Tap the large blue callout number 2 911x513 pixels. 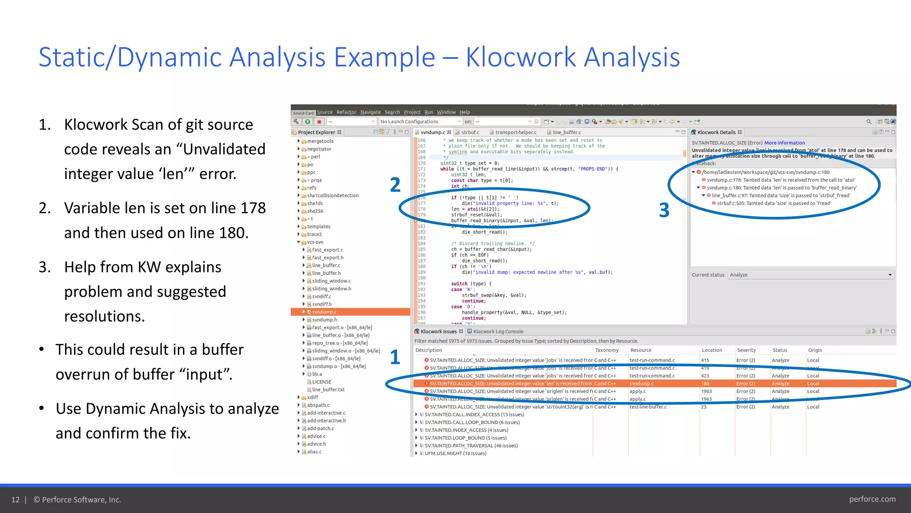tap(395, 185)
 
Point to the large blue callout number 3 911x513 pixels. tap(664, 210)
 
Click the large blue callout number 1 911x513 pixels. tap(395, 357)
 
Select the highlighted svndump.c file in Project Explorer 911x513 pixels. tap(324, 312)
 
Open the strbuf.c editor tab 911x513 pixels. tap(470, 132)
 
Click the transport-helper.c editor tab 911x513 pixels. tap(516, 132)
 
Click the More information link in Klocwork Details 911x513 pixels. tap(784, 143)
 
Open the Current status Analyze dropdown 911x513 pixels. tap(811, 275)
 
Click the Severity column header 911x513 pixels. tap(746, 350)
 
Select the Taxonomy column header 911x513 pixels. tap(606, 350)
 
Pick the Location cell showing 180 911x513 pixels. tap(705, 383)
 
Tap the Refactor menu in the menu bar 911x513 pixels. tap(346, 112)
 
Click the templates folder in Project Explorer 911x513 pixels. tap(318, 227)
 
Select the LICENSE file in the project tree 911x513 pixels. tap(321, 382)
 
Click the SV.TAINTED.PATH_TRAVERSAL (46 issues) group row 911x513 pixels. tap(471, 446)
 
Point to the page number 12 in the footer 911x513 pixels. tap(16, 500)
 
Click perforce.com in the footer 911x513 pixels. tap(872, 499)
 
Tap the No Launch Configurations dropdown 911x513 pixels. tap(420, 122)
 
